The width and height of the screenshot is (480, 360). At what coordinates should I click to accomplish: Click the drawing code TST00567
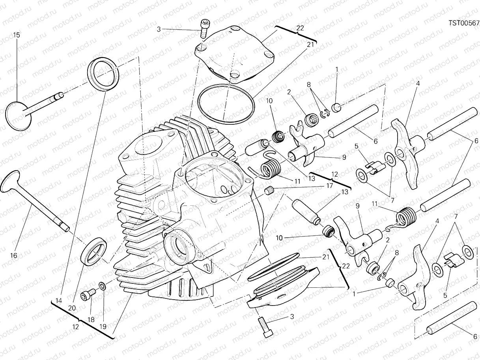464,23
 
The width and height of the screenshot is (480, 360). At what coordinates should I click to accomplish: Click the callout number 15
17,35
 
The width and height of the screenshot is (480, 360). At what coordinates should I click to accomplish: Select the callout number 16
13,255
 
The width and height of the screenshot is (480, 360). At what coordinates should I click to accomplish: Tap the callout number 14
59,301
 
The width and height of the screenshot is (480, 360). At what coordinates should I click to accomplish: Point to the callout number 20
72,308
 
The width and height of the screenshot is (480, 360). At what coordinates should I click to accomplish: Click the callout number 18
91,320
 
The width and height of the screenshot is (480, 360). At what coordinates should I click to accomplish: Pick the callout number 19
103,326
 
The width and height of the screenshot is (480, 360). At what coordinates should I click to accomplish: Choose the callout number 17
329,186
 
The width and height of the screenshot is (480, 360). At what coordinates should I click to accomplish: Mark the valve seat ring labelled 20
93,251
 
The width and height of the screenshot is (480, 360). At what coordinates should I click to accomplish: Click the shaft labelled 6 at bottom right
452,321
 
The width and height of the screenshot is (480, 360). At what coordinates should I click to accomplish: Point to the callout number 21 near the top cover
310,45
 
